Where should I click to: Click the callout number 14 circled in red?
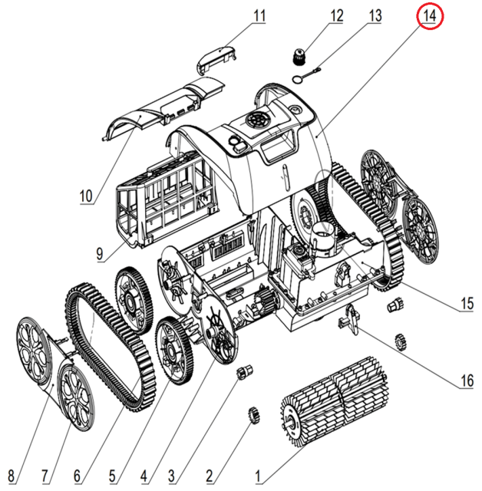431,16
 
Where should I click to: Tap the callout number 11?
259,15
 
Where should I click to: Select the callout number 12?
338,15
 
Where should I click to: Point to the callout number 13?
375,15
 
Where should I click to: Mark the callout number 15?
466,304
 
